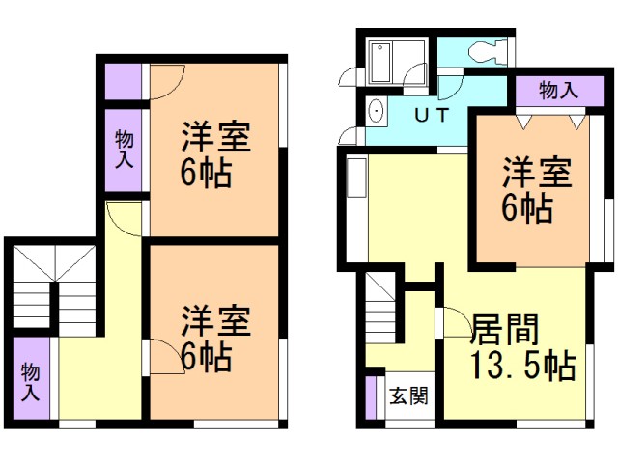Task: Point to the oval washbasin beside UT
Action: [x=377, y=113]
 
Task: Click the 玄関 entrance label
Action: [x=404, y=395]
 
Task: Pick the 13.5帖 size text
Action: [x=522, y=367]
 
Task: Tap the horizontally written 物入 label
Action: [x=558, y=91]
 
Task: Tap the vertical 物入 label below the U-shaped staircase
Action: [x=30, y=381]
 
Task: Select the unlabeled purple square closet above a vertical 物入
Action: [x=123, y=79]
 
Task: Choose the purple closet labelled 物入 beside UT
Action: [x=558, y=91]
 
